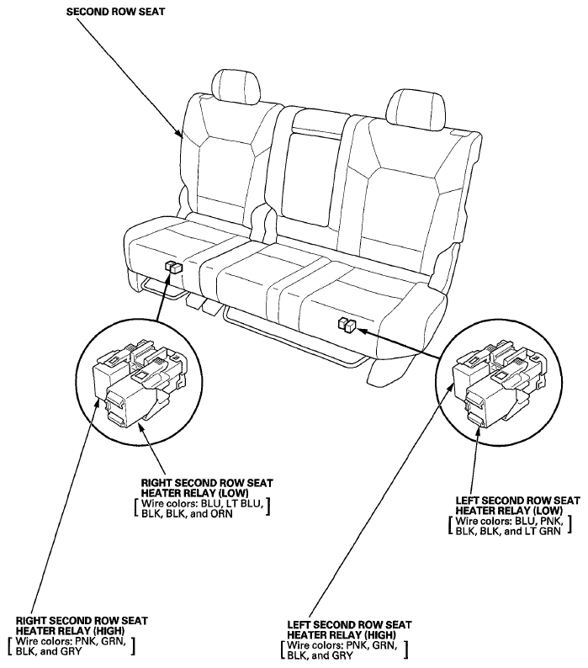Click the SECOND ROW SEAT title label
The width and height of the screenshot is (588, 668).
click(115, 12)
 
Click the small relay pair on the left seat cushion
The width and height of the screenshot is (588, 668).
click(173, 267)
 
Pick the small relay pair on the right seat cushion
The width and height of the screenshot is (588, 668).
click(347, 325)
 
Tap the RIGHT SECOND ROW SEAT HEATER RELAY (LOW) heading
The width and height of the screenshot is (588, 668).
click(207, 488)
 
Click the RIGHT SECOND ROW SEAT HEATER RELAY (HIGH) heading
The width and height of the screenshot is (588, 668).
click(82, 625)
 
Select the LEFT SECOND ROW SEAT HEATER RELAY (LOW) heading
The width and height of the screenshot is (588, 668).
click(517, 506)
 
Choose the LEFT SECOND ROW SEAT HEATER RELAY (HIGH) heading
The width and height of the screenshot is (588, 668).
click(349, 629)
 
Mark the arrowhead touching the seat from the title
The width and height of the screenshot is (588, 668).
click(180, 132)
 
